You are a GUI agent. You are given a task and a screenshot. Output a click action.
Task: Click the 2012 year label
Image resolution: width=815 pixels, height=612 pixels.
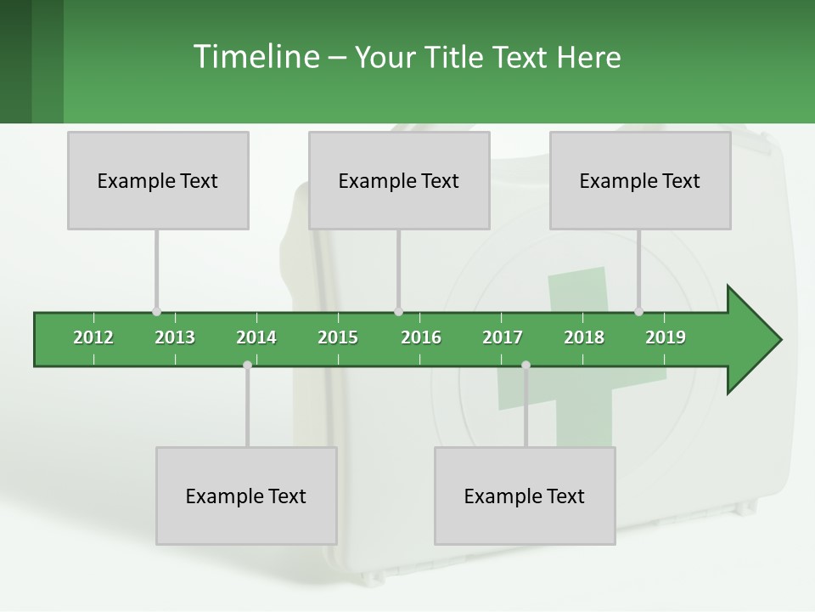[x=93, y=337]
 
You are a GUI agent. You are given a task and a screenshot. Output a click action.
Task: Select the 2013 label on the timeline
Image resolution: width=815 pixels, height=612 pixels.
[x=175, y=337]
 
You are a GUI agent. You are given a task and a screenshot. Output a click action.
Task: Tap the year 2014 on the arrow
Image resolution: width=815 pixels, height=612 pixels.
[x=256, y=337]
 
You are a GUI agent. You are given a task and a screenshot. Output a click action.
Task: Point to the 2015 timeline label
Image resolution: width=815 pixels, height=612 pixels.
[x=338, y=337]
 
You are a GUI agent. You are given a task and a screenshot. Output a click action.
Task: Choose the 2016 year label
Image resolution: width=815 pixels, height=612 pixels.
[x=421, y=337]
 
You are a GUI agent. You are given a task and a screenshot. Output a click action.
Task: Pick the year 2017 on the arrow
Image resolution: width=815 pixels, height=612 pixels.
[x=503, y=337]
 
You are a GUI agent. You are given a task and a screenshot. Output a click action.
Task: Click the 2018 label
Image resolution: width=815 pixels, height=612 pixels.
[x=584, y=337]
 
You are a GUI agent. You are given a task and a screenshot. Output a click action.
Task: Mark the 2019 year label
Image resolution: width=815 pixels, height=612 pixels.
[x=666, y=337]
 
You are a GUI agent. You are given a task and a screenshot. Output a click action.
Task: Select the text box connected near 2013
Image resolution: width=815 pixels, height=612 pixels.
[x=158, y=180]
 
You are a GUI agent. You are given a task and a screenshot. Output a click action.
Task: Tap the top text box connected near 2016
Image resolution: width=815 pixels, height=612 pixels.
[x=399, y=180]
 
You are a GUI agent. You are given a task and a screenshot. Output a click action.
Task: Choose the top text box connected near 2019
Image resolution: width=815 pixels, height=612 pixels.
[x=640, y=180]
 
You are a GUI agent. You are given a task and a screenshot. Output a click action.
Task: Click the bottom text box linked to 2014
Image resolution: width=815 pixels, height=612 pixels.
[x=246, y=496]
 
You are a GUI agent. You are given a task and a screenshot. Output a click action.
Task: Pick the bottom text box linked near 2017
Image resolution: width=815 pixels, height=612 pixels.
[x=525, y=496]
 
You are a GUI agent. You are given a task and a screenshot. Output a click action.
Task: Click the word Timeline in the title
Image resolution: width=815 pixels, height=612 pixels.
[x=254, y=57]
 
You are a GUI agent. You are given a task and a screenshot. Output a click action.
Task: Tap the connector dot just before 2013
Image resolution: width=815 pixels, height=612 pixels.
[x=156, y=312]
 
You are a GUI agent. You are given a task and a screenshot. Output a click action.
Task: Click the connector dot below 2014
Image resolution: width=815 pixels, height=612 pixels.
[x=247, y=365]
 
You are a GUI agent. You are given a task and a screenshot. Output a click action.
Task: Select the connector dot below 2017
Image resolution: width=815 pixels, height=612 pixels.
[x=526, y=365]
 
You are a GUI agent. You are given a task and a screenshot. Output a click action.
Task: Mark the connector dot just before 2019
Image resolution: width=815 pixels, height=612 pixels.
[x=638, y=312]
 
